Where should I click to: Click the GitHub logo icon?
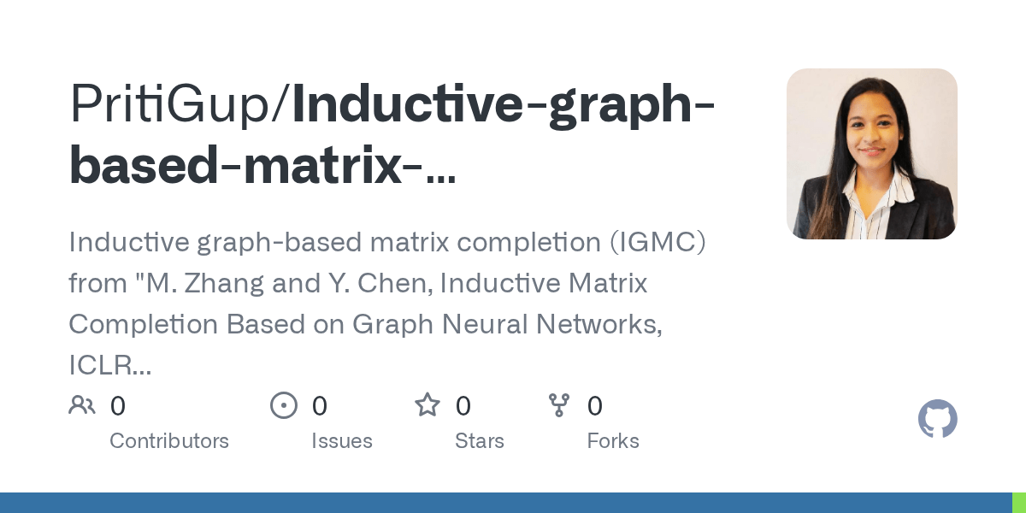click(937, 420)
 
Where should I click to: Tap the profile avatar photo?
click(871, 154)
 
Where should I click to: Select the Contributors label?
click(169, 441)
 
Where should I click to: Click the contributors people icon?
click(82, 405)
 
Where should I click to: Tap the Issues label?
click(342, 441)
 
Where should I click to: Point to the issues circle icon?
click(284, 405)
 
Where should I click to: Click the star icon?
click(427, 405)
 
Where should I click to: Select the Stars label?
click(480, 441)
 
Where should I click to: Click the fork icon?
click(559, 405)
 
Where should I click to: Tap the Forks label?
click(613, 441)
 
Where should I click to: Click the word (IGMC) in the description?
click(657, 243)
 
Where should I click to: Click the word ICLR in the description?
click(105, 365)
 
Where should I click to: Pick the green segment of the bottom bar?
click(1019, 503)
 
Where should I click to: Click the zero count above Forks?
click(595, 405)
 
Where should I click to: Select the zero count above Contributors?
click(118, 405)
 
